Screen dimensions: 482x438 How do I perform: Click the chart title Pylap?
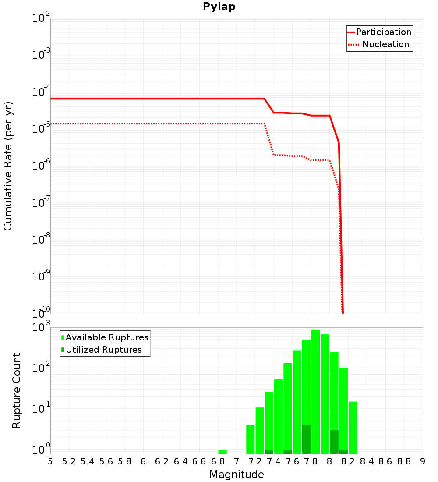(x=219, y=7)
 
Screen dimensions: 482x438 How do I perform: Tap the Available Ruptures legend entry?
(x=107, y=337)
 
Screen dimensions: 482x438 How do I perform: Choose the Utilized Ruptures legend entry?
(x=103, y=350)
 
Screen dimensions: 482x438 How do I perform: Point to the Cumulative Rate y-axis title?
(x=8, y=166)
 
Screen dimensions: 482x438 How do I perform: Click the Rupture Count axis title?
(x=17, y=390)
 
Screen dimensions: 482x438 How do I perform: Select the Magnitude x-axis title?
(x=237, y=474)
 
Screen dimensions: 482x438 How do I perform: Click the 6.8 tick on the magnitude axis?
(x=218, y=461)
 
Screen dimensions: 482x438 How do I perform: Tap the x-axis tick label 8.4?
(x=367, y=461)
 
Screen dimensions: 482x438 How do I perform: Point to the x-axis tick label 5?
(x=50, y=461)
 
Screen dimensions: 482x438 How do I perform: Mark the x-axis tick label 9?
(x=423, y=461)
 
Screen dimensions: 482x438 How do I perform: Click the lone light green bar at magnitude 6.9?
(x=223, y=451)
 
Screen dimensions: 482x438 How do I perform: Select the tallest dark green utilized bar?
(x=306, y=439)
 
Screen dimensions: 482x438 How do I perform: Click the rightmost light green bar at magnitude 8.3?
(x=353, y=427)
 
